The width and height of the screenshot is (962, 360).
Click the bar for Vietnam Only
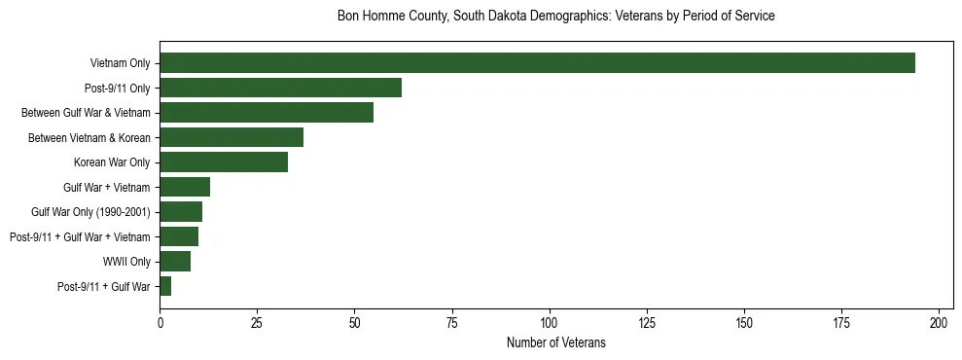tap(537, 63)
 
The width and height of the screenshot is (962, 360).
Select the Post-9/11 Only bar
tap(280, 88)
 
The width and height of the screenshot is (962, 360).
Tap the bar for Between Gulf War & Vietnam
tap(267, 113)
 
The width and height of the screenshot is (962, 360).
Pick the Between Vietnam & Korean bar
tap(232, 137)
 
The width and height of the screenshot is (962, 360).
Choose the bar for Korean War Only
tap(224, 162)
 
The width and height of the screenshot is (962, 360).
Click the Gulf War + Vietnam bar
tap(185, 187)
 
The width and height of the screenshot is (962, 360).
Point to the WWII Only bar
tap(175, 262)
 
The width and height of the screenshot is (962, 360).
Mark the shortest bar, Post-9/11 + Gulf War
tap(165, 286)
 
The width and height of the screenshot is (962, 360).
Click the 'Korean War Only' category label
tap(112, 162)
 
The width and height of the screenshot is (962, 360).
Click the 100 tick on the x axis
tap(550, 322)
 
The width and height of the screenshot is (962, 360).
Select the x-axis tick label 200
tap(940, 322)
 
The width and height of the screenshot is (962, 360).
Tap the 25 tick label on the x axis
tap(257, 322)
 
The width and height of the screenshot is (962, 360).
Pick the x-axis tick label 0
tap(160, 322)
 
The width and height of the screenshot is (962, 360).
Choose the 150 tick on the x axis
tap(744, 322)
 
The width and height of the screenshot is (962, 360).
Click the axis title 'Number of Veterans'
tap(555, 342)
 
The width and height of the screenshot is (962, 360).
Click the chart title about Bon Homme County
tap(555, 17)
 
